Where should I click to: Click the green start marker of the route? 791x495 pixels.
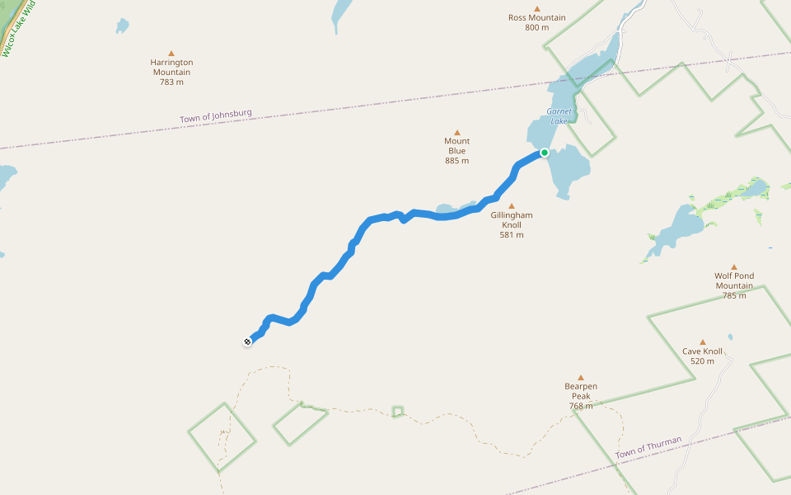pyautogui.click(x=545, y=153)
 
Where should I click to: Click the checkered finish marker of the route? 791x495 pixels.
pyautogui.click(x=247, y=342)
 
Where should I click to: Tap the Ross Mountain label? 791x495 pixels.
pyautogui.click(x=536, y=17)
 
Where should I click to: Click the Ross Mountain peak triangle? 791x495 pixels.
pyautogui.click(x=537, y=8)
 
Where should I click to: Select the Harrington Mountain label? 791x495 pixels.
pyautogui.click(x=171, y=67)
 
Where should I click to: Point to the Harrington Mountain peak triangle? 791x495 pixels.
pyautogui.click(x=171, y=53)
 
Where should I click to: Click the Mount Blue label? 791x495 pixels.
pyautogui.click(x=456, y=146)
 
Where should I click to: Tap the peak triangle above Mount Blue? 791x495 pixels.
pyautogui.click(x=456, y=132)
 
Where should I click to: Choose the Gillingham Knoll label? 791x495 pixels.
pyautogui.click(x=512, y=220)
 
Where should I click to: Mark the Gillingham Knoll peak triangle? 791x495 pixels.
pyautogui.click(x=512, y=206)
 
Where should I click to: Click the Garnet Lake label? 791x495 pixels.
pyautogui.click(x=558, y=116)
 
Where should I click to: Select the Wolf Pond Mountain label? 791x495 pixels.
pyautogui.click(x=734, y=281)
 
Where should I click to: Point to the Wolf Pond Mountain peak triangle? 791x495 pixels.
pyautogui.click(x=734, y=266)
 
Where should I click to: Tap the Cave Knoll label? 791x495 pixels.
pyautogui.click(x=703, y=351)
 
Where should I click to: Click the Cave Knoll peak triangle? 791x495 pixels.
pyautogui.click(x=703, y=342)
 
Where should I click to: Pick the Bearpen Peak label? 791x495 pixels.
pyautogui.click(x=581, y=391)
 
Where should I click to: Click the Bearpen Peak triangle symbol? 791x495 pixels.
pyautogui.click(x=581, y=377)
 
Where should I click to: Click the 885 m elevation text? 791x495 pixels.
pyautogui.click(x=456, y=161)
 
